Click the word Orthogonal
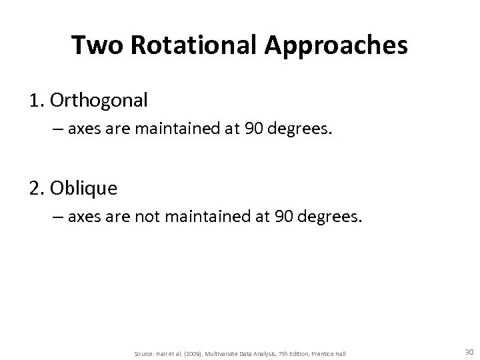pos(102,101)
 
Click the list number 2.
pos(35,189)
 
